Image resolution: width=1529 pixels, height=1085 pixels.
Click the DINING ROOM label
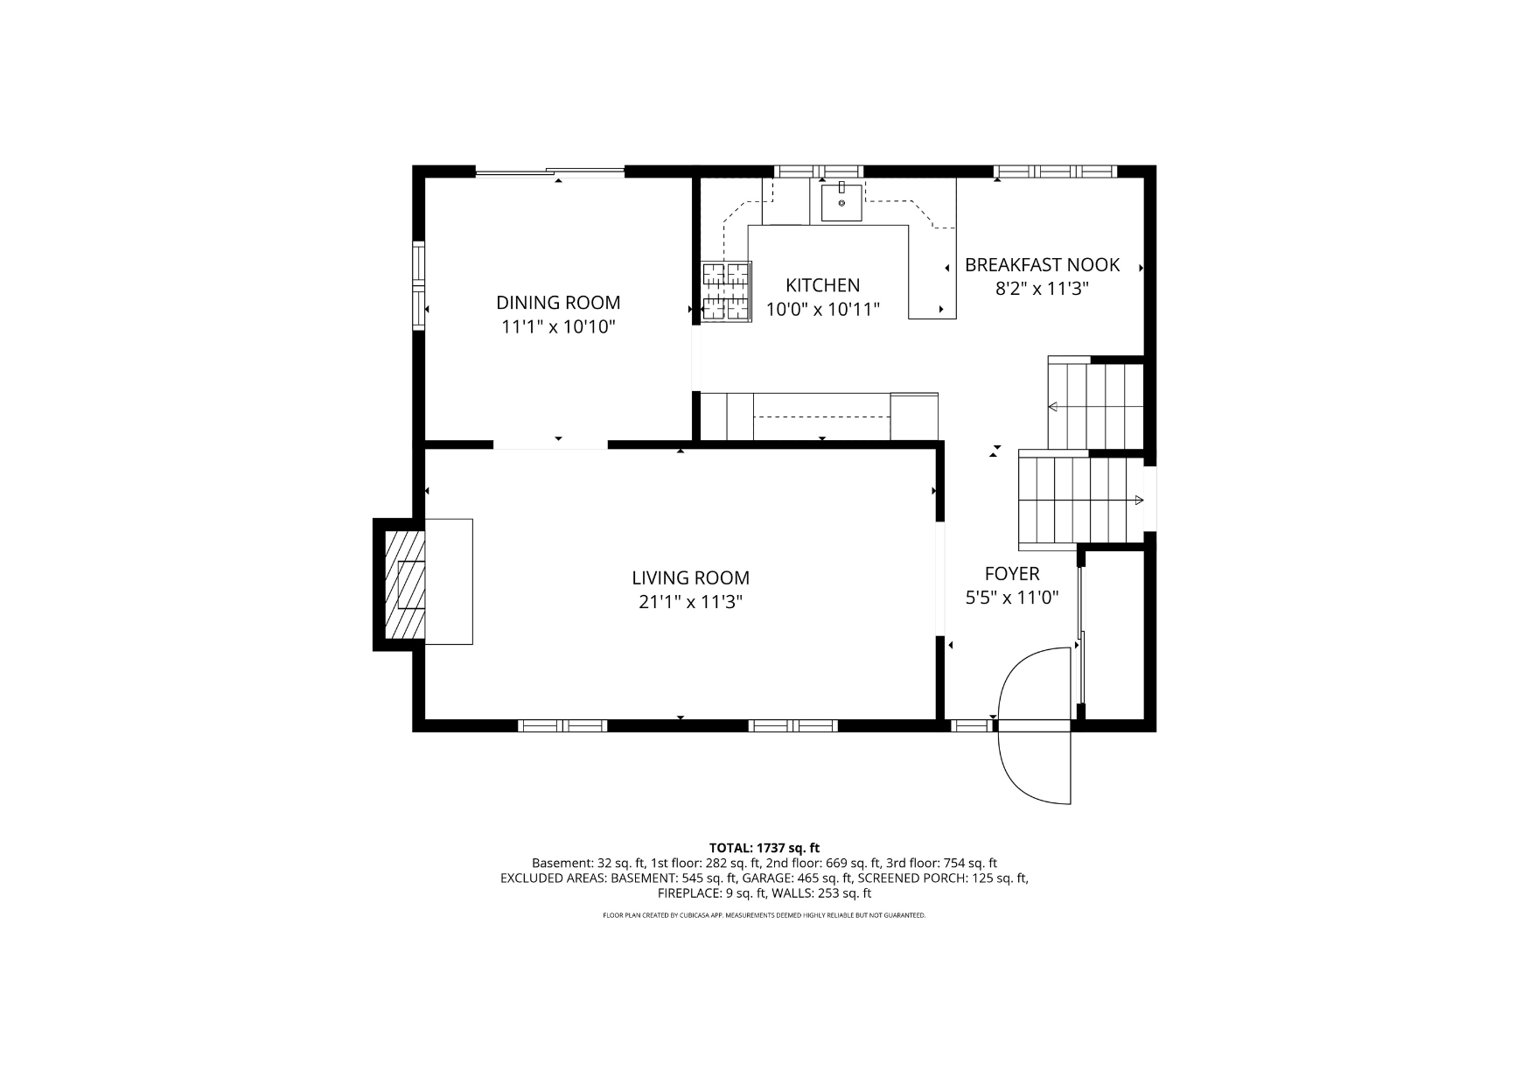coord(558,303)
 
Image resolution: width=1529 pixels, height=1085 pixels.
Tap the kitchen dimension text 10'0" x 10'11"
coord(822,309)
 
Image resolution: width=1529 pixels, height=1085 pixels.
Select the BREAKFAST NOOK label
coord(1042,264)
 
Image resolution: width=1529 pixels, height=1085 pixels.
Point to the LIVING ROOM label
coord(690,577)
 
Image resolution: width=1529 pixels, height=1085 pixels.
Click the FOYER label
coord(1012,574)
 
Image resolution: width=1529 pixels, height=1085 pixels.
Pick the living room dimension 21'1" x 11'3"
coord(690,602)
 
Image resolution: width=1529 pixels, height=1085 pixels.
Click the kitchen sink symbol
coord(841,202)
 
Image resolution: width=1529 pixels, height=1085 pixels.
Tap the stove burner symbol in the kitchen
coord(726,291)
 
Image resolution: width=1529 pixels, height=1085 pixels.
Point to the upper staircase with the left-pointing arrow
coord(1095,406)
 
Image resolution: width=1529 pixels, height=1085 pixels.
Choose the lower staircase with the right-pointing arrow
coord(1081,500)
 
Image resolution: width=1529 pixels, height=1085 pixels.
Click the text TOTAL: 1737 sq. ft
coord(764,847)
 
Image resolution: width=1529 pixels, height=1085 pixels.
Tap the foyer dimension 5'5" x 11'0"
coord(1012,598)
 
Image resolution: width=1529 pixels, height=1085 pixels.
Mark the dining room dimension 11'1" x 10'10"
coord(558,327)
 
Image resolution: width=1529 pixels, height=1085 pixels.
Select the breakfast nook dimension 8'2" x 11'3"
coord(1042,289)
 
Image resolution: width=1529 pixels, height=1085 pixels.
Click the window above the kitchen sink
coord(819,171)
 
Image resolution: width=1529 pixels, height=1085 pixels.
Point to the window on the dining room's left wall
coord(419,285)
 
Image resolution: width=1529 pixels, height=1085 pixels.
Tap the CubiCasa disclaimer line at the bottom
coord(764,915)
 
